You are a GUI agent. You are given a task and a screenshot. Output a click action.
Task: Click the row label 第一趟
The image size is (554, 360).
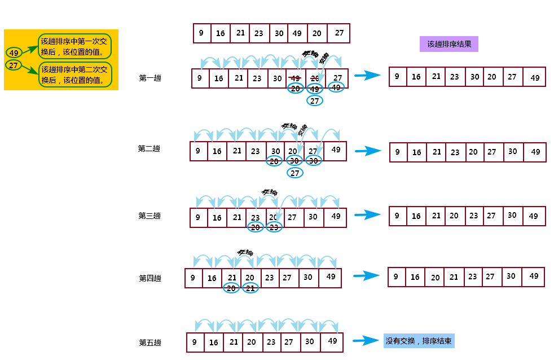[150, 78]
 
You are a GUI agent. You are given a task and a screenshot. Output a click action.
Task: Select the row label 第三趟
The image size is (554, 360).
[150, 216]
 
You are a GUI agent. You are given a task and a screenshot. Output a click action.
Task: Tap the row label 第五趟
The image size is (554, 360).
[150, 343]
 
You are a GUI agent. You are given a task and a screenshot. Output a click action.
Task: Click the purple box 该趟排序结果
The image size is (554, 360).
[449, 44]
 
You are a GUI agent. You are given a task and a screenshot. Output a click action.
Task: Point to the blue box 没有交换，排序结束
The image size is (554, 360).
[419, 341]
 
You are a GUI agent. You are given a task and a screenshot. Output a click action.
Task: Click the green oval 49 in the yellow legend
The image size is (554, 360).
[15, 53]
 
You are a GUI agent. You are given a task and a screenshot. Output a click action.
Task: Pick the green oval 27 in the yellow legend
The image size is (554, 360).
[14, 65]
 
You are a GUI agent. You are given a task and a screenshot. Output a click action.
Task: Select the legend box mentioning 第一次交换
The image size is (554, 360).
[75, 46]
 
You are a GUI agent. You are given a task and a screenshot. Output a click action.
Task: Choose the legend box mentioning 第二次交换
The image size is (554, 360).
[75, 74]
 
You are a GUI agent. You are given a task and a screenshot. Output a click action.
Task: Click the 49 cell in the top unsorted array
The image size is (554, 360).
[297, 33]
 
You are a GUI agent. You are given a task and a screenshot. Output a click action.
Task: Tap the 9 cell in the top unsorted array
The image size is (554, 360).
[201, 33]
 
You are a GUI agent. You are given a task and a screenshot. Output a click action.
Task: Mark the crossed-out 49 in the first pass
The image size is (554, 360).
[295, 78]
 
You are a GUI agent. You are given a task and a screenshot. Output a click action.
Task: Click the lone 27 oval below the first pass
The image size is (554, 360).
[315, 100]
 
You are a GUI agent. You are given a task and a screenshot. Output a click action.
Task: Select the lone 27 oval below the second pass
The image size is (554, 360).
[294, 173]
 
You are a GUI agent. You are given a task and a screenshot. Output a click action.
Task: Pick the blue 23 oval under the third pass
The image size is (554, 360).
[274, 227]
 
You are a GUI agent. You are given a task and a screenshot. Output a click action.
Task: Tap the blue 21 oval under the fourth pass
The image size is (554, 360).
[250, 288]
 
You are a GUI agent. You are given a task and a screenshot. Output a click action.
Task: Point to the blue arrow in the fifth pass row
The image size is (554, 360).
[366, 341]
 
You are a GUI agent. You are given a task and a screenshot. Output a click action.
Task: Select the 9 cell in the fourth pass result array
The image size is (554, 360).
[396, 276]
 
